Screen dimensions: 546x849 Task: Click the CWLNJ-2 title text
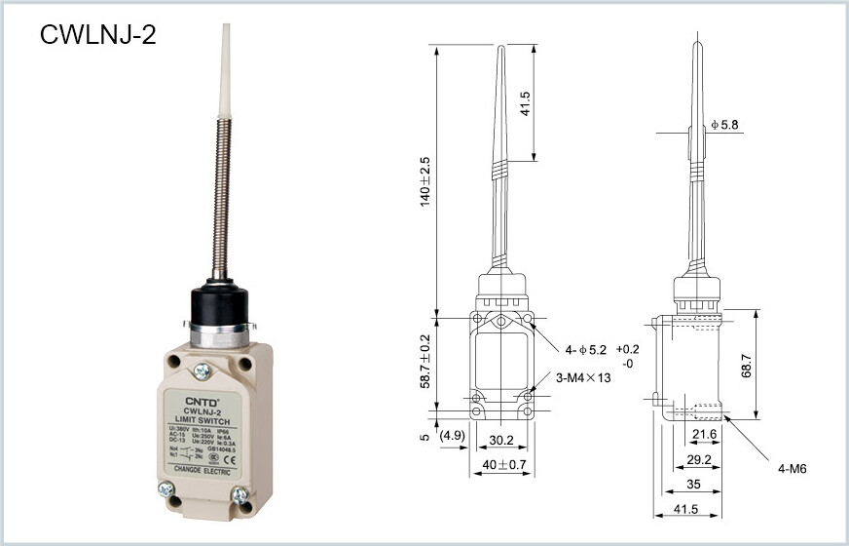(x=97, y=35)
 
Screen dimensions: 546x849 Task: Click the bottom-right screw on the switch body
(x=240, y=495)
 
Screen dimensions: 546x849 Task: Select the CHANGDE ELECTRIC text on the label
(x=203, y=470)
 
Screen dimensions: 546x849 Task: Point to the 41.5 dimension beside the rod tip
(x=552, y=103)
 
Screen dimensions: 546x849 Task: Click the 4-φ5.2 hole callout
(x=586, y=349)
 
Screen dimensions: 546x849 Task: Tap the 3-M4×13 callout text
(x=582, y=378)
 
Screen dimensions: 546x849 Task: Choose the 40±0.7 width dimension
(x=502, y=465)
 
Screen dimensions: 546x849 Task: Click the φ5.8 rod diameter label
(x=724, y=125)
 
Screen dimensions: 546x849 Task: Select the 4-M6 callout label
(x=794, y=469)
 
